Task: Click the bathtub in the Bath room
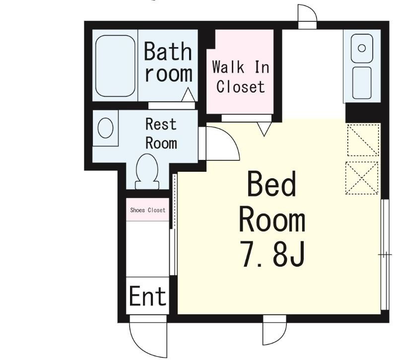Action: click(115, 66)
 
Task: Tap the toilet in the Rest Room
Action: click(147, 172)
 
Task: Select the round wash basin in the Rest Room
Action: click(105, 128)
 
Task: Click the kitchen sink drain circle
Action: click(362, 48)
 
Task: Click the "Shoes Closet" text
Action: click(147, 210)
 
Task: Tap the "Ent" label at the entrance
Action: click(148, 295)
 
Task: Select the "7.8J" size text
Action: click(272, 254)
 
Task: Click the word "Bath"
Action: click(168, 51)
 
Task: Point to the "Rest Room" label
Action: click(161, 134)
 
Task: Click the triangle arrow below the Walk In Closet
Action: click(264, 129)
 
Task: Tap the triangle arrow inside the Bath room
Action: click(188, 94)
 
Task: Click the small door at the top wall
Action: click(307, 14)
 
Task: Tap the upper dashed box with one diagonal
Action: click(363, 140)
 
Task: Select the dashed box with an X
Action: click(362, 178)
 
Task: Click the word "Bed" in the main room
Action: click(271, 184)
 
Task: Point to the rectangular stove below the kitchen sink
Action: click(362, 82)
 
